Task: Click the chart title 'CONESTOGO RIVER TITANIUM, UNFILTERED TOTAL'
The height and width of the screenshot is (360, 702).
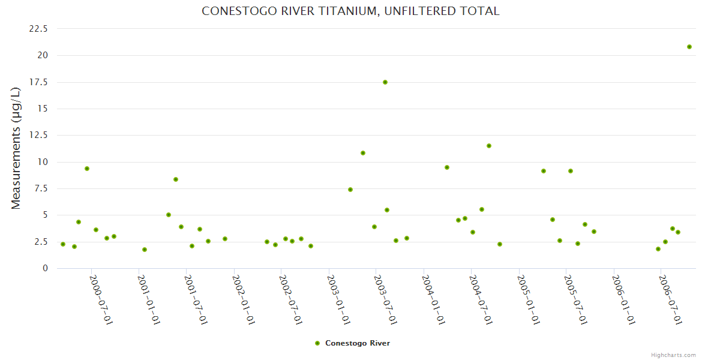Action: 350,11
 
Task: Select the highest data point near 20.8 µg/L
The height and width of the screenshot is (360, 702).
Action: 689,47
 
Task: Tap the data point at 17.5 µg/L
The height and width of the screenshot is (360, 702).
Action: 385,82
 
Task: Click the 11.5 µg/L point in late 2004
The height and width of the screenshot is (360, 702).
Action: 489,146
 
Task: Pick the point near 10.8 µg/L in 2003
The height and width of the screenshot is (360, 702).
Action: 363,153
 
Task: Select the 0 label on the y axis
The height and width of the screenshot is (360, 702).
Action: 45,268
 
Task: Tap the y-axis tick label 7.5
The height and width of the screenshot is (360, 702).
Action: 42,188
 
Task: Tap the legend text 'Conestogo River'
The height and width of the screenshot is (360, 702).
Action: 358,343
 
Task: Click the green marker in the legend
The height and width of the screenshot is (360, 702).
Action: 317,343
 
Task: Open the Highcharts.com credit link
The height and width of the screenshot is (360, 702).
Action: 673,355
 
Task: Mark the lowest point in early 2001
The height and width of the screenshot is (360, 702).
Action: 145,250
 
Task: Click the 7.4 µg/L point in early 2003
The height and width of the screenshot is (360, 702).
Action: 350,190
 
